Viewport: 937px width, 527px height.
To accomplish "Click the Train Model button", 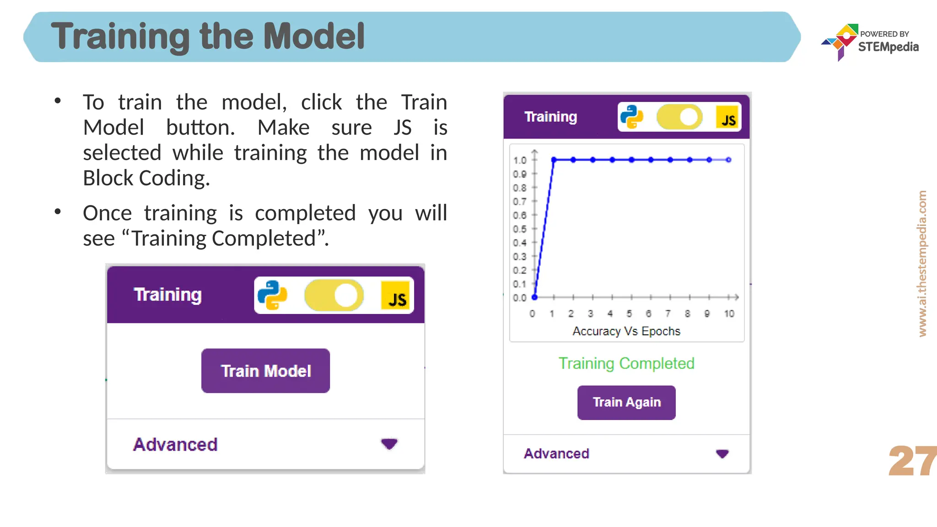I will coord(265,371).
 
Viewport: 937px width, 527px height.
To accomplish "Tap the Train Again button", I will coord(626,403).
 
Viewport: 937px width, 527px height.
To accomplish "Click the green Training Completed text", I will coord(626,363).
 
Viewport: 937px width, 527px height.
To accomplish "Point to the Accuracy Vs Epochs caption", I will coord(626,331).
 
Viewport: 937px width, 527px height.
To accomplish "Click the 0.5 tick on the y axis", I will coord(520,229).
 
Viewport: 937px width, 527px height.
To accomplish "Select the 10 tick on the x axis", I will coord(729,314).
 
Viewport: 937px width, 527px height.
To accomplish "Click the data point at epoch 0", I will coord(534,297).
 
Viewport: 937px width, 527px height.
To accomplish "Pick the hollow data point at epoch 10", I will coord(729,160).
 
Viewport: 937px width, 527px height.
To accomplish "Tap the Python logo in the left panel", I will coord(272,295).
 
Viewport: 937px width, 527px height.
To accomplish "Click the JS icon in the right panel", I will coord(728,118).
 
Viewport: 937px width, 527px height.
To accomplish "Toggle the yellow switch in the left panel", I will coord(334,295).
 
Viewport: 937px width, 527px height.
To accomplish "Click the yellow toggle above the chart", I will coord(679,117).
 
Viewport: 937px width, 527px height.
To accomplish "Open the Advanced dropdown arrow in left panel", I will coord(389,444).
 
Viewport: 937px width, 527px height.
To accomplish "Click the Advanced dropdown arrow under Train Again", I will coord(722,454).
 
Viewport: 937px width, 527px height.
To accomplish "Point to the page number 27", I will coord(912,461).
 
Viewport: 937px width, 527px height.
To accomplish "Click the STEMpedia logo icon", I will coord(840,41).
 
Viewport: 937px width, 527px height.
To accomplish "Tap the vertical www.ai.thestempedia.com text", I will coord(922,263).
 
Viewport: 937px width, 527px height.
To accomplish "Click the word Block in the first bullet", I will coord(109,178).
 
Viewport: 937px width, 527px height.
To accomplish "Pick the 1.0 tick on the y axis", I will coord(520,160).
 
